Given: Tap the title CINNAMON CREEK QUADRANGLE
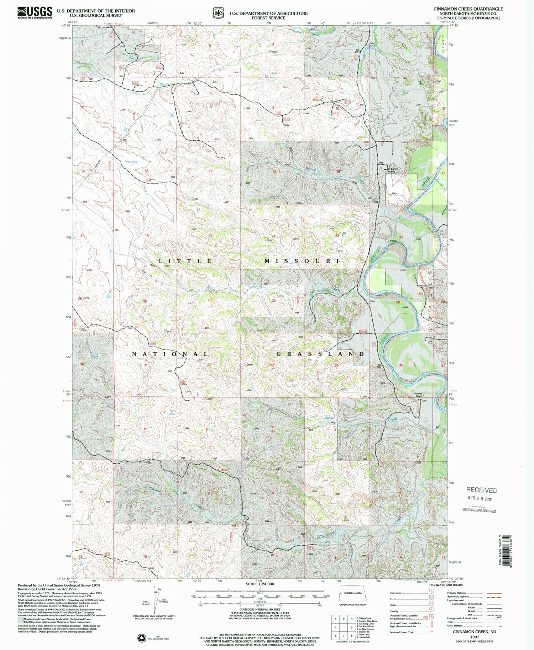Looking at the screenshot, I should point(468,9).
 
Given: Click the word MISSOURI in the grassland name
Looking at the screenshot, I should point(302,261).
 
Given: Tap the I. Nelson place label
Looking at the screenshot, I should point(392,241).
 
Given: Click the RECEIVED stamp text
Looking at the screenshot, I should point(482,490).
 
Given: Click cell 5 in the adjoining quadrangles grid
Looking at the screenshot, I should point(344,627).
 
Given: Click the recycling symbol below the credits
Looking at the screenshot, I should point(142,636).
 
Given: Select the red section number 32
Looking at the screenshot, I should point(209,365).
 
